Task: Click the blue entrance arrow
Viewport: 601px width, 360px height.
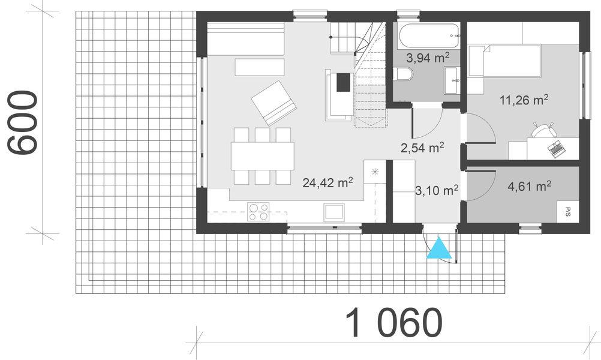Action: (x=439, y=248)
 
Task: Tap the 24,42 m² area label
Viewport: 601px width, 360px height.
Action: (x=327, y=182)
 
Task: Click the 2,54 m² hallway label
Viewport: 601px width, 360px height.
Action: (x=423, y=147)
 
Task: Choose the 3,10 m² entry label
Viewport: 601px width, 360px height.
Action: (x=436, y=191)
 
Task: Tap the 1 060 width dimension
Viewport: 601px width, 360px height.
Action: (x=394, y=323)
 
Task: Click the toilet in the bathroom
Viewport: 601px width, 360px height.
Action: (x=403, y=74)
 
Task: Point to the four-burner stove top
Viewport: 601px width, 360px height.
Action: (x=259, y=212)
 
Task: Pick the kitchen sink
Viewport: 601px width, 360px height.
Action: (x=333, y=212)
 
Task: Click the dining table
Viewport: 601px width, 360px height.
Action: (x=263, y=156)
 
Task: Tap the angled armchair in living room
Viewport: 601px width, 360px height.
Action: (x=274, y=103)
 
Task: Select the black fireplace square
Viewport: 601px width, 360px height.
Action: (x=344, y=82)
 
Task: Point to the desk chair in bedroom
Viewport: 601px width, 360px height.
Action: (x=542, y=130)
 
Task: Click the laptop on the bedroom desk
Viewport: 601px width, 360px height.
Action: (x=556, y=146)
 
